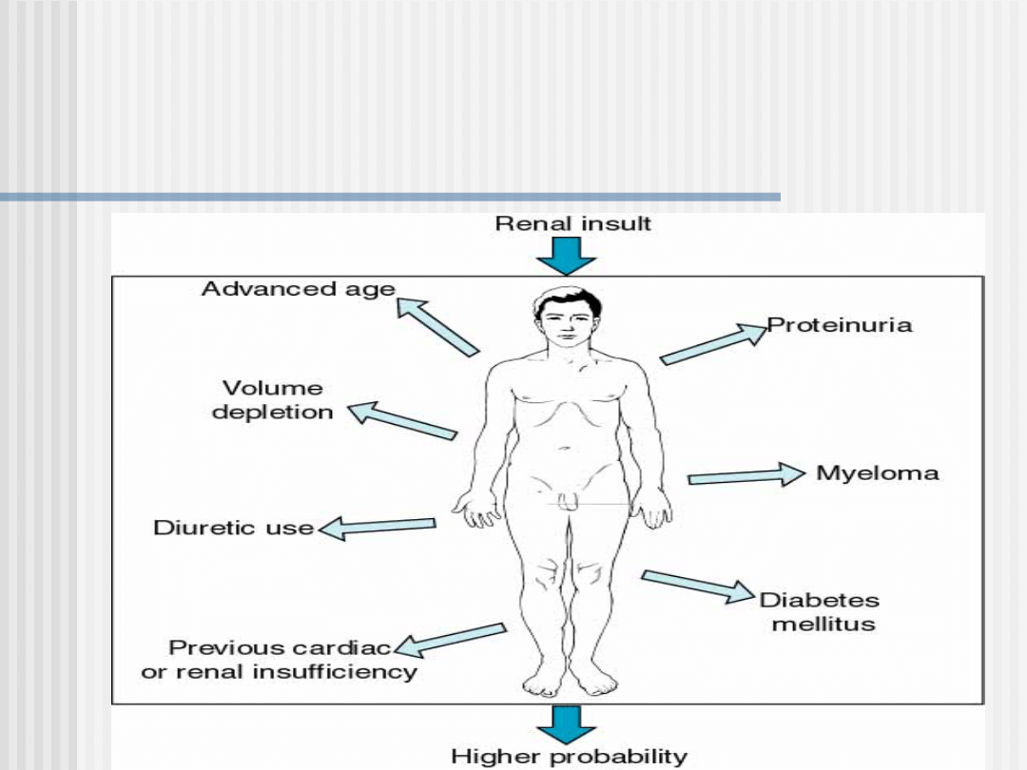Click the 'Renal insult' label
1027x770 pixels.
coord(573,223)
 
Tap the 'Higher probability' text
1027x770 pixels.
coord(569,757)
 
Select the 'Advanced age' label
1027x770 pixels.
coord(298,289)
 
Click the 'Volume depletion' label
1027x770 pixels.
coord(273,400)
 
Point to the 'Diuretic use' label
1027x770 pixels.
coord(234,528)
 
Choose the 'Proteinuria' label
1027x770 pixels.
coord(840,325)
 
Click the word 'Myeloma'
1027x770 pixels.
coord(878,473)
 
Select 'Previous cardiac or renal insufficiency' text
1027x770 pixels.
coord(280,660)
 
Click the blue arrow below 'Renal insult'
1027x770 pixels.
coord(572,255)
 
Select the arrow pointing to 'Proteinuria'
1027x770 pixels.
coord(713,344)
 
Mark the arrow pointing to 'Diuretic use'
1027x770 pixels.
coord(378,526)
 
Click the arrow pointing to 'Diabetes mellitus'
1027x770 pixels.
coord(699,586)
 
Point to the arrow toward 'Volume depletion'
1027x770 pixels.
coord(401,420)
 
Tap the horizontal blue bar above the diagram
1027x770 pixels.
coord(390,197)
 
